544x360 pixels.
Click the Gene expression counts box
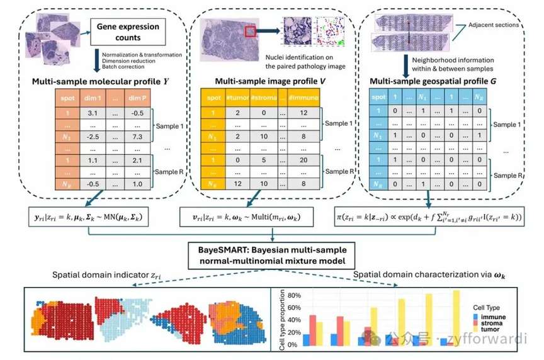click(128, 32)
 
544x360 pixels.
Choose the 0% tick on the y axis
click(290, 345)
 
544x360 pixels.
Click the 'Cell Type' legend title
click(487, 307)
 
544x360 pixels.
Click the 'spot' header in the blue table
click(378, 97)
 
